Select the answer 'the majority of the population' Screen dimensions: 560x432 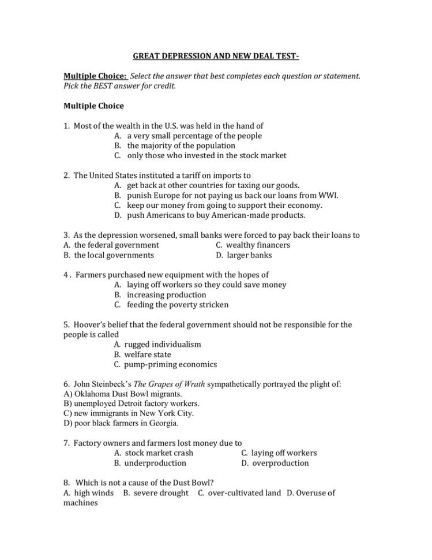click(x=181, y=145)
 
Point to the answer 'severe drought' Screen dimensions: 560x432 click(x=160, y=492)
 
